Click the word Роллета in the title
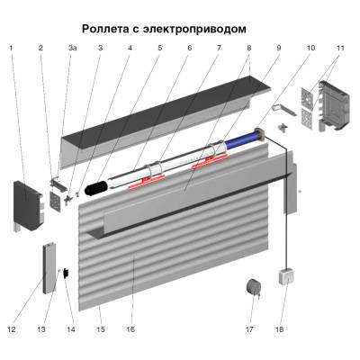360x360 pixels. [x=109, y=29]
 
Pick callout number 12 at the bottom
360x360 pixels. [x=12, y=329]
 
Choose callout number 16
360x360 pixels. [x=130, y=329]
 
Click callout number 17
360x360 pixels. [x=249, y=329]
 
